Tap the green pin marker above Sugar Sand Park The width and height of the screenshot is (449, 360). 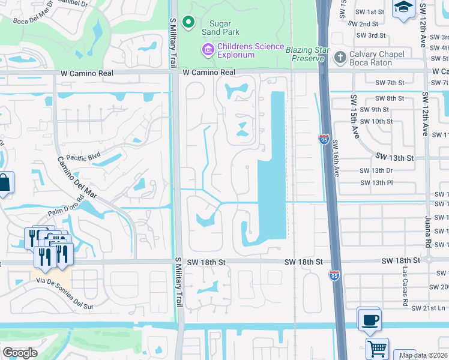click(188, 22)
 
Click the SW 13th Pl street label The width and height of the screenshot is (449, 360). click(376, 182)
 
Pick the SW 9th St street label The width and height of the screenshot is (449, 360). click(381, 109)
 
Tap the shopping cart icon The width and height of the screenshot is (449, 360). click(377, 349)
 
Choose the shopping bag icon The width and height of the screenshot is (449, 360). click(4, 183)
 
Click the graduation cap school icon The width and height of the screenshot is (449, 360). click(403, 8)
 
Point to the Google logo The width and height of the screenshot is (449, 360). click(20, 353)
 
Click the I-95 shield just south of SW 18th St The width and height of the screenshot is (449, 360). click(334, 275)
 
